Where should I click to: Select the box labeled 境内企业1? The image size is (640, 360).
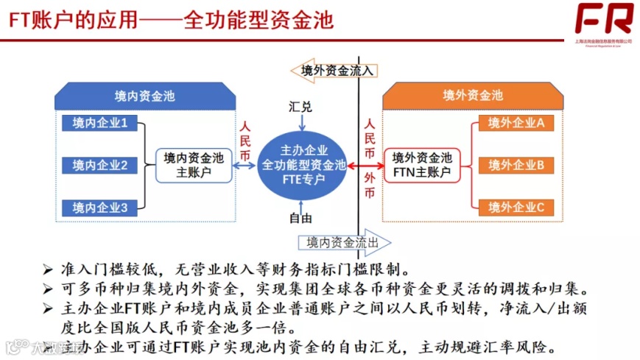[100, 123]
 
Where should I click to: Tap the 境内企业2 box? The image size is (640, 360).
[100, 166]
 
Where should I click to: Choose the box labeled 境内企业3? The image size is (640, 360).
[100, 208]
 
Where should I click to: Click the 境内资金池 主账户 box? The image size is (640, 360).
[194, 166]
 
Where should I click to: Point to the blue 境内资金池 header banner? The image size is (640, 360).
[145, 96]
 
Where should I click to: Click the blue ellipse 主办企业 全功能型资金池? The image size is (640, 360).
[303, 166]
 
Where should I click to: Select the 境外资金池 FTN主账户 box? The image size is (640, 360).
[422, 166]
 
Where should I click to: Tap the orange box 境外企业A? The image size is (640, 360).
[516, 123]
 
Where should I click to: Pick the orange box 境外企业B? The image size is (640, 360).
[516, 165]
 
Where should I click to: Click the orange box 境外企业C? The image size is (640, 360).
[516, 208]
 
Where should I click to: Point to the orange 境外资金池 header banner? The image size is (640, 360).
[472, 96]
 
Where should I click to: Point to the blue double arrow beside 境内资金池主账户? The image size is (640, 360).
[245, 166]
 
